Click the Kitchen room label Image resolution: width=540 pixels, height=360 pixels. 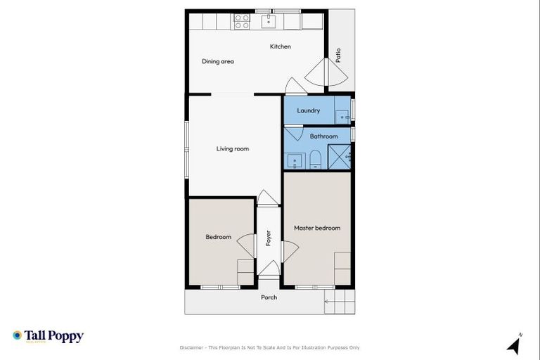pos(281,46)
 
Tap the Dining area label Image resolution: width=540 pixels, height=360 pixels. pos(217,61)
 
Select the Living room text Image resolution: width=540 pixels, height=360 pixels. pos(232,148)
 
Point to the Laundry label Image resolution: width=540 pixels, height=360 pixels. pos(309,110)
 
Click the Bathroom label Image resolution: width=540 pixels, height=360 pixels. pos(323,136)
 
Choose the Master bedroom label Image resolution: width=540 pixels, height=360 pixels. pos(317,228)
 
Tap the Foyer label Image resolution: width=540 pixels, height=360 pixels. pos(268,238)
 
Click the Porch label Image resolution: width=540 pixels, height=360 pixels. pos(269,297)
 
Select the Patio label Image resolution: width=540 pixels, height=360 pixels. pos(338,56)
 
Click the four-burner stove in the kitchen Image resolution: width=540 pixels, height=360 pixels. pos(242,21)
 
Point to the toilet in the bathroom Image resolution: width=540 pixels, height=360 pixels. pos(316,159)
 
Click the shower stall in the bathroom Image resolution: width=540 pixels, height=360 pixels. pos(340,157)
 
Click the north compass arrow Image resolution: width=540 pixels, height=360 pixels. pos(513,345)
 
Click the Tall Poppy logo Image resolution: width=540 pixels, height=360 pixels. pos(48,337)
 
